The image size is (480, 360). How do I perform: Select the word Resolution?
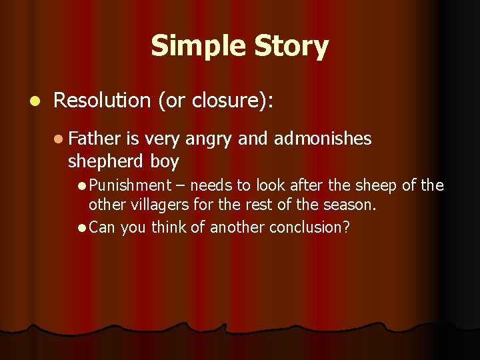(x=102, y=100)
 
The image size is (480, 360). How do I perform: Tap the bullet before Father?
(x=60, y=139)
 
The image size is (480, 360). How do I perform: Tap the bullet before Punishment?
(x=81, y=185)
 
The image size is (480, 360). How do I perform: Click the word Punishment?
(x=131, y=185)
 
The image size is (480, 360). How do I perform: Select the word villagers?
(x=154, y=205)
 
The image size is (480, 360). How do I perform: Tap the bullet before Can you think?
(x=81, y=228)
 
